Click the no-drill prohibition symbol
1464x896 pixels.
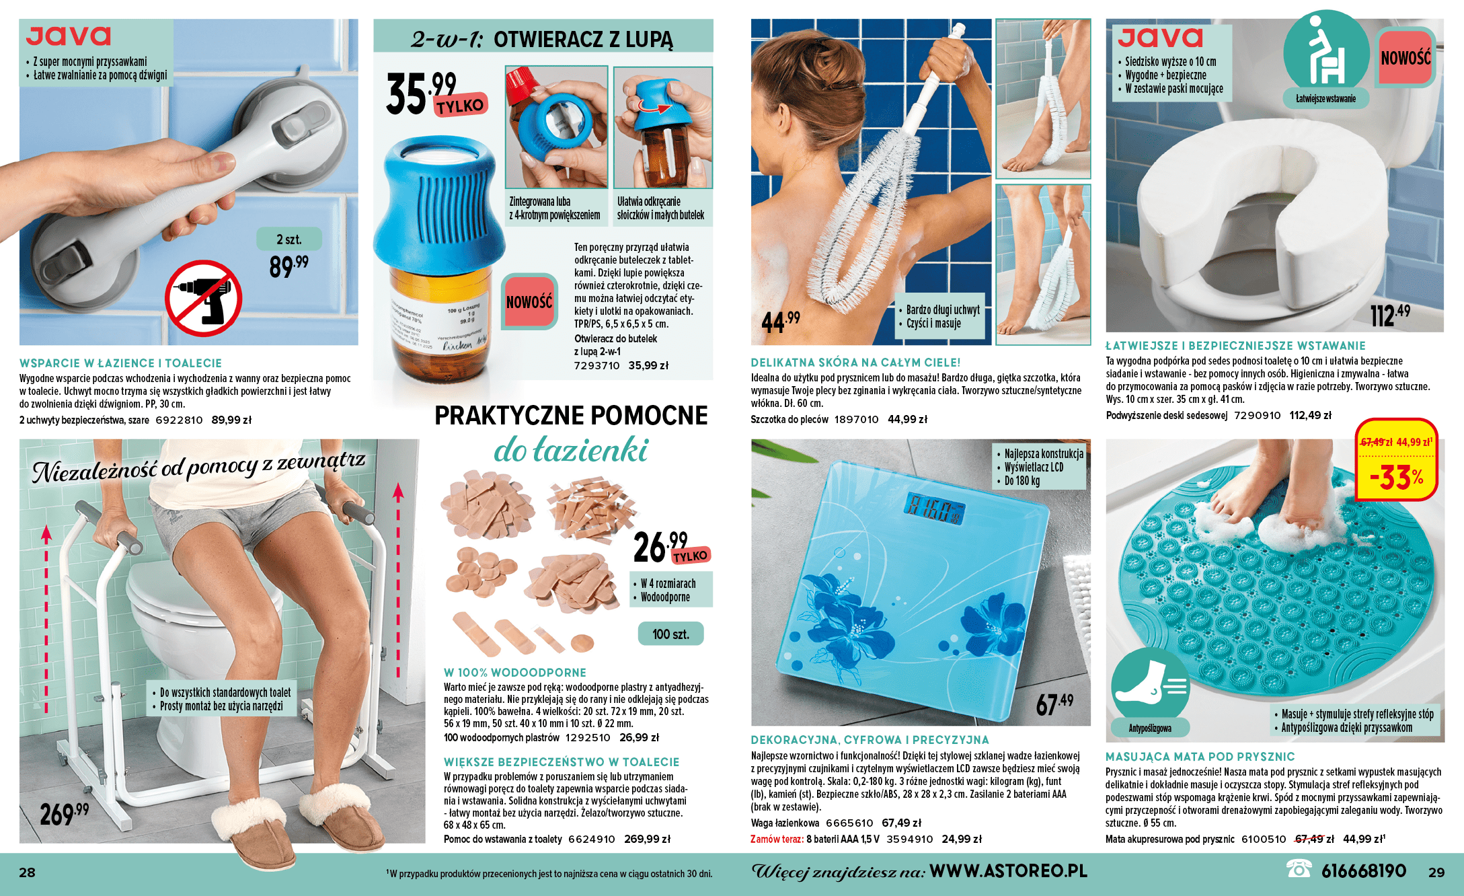203,298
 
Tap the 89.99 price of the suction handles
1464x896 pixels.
288,266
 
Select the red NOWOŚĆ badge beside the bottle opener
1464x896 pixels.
529,301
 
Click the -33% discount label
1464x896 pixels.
1397,478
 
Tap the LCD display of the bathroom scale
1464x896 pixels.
934,508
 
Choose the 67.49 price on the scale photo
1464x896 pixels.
1054,704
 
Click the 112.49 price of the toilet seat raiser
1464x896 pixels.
1390,315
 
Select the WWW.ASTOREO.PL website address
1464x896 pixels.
1008,870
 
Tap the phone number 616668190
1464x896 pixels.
1364,871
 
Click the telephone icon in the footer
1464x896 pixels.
1299,869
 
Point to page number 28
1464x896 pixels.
27,872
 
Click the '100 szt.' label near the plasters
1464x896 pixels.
670,634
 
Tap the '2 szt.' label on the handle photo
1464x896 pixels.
289,239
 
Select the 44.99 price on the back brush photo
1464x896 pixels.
781,322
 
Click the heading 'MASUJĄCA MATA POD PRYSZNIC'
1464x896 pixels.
1200,757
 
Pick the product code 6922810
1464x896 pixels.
179,420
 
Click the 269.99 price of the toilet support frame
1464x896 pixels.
64,813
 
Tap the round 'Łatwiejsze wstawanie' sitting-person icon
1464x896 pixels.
1325,52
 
